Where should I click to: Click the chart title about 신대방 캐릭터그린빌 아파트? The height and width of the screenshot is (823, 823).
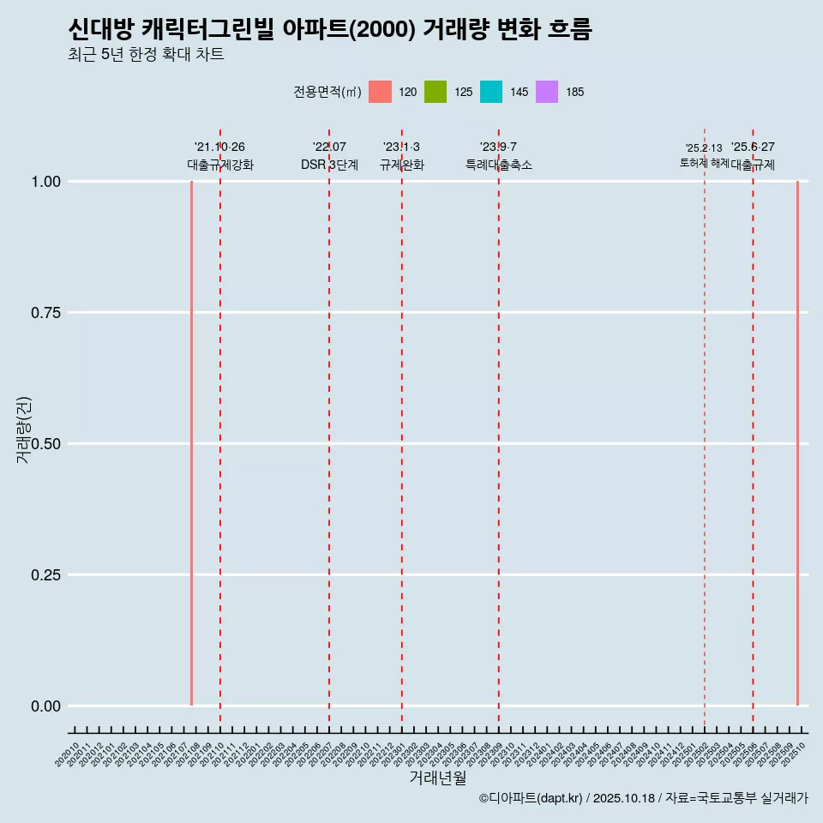(330, 29)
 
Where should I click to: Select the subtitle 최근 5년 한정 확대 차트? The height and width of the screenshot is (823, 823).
(146, 55)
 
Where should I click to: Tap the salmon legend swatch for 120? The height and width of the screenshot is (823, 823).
(380, 92)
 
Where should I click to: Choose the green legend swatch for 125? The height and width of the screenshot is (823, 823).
(436, 92)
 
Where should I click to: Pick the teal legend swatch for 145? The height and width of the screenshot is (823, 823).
(491, 92)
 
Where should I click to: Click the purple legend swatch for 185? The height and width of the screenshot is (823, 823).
(547, 92)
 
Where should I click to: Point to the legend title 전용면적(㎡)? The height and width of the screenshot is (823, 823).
(327, 92)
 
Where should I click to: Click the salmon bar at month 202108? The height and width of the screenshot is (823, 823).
(191, 443)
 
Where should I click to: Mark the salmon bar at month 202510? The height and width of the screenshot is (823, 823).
(797, 443)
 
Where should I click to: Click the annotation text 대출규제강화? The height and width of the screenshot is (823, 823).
(220, 165)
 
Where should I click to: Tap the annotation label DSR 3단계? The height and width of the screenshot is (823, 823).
(329, 165)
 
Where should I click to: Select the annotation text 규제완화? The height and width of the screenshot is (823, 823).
(401, 165)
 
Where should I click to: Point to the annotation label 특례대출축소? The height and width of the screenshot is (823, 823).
(499, 165)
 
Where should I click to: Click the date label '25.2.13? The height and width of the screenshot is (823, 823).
(704, 148)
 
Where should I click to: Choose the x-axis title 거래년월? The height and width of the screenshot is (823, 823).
(437, 778)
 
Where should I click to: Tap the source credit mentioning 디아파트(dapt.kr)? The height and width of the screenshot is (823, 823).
(643, 798)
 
